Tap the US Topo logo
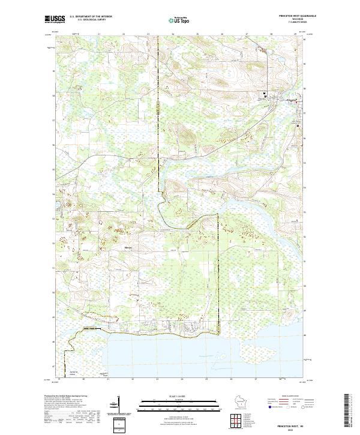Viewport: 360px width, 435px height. [179, 20]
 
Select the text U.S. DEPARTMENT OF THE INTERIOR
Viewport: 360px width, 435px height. [91, 17]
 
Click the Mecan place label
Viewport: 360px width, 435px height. [128, 247]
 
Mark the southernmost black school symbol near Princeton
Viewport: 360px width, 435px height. [298, 109]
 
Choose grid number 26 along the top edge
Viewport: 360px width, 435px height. [222, 34]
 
